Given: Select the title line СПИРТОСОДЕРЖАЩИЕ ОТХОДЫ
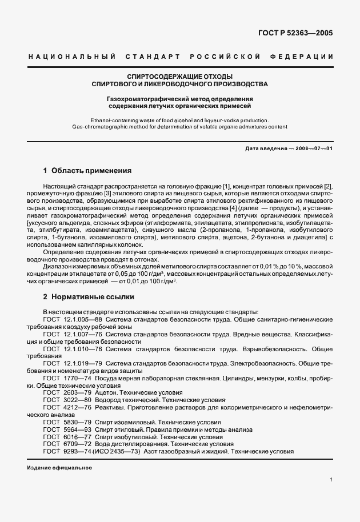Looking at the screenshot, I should click(180, 76).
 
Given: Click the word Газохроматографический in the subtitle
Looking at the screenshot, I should click(146, 98).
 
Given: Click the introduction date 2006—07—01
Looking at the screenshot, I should click(316, 148).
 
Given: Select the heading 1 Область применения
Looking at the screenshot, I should click(87, 170).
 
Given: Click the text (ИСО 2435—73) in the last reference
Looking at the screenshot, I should click(130, 451).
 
